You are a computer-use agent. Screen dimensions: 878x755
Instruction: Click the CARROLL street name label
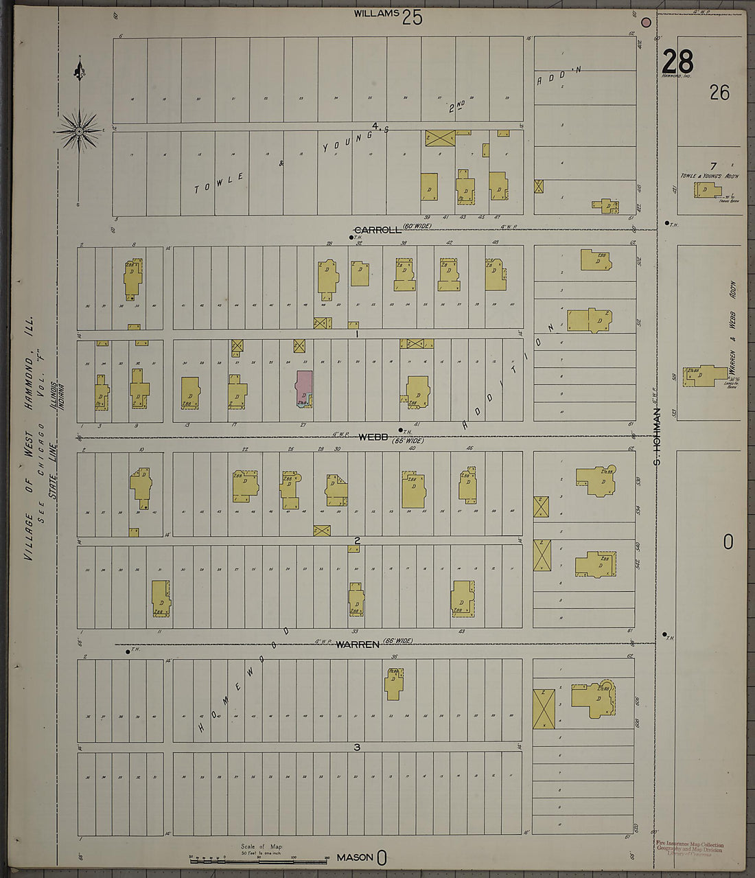point(377,229)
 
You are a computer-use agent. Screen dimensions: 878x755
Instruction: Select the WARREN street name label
point(358,644)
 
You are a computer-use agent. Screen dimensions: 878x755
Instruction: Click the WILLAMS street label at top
point(376,13)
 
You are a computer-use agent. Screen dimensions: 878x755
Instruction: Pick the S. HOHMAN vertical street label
point(657,437)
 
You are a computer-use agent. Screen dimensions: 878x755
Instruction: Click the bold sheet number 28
point(677,62)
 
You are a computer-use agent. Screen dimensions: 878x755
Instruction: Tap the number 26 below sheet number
point(719,92)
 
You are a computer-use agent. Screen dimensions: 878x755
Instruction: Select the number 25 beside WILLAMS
point(413,17)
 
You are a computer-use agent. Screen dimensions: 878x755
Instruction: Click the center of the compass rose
point(79,130)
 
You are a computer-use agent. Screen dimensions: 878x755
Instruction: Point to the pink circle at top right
point(646,22)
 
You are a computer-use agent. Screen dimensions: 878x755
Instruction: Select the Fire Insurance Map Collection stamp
point(689,848)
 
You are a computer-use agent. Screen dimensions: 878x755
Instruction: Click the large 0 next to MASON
point(382,857)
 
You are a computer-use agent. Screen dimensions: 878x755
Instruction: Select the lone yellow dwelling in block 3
point(394,682)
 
